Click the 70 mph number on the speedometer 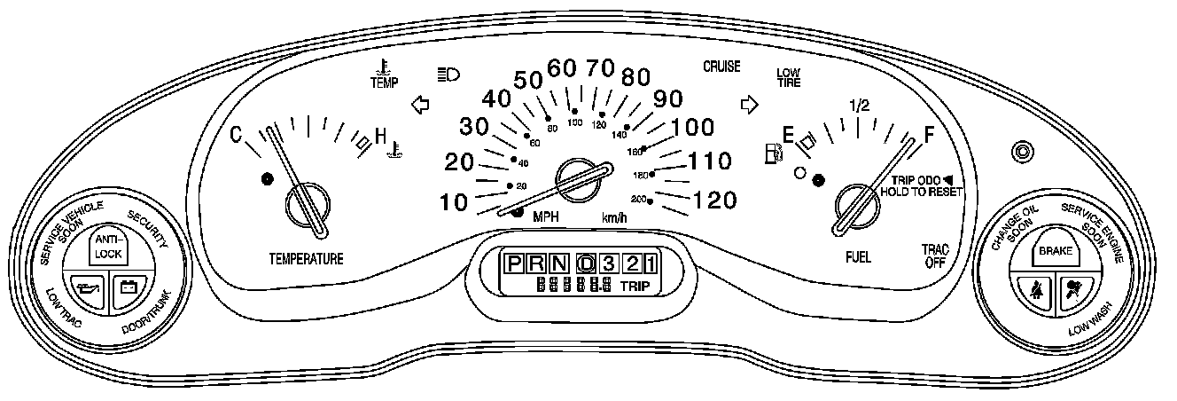[x=601, y=67]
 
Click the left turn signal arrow [x=420, y=106]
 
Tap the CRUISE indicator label [x=721, y=67]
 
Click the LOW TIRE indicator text [x=788, y=78]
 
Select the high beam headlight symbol [x=448, y=75]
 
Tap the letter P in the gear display [x=513, y=263]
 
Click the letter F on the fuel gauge [x=929, y=135]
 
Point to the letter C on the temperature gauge [x=237, y=135]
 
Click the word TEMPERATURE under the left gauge [x=306, y=259]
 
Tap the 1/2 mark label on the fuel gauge [x=859, y=106]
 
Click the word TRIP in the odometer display [x=635, y=286]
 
